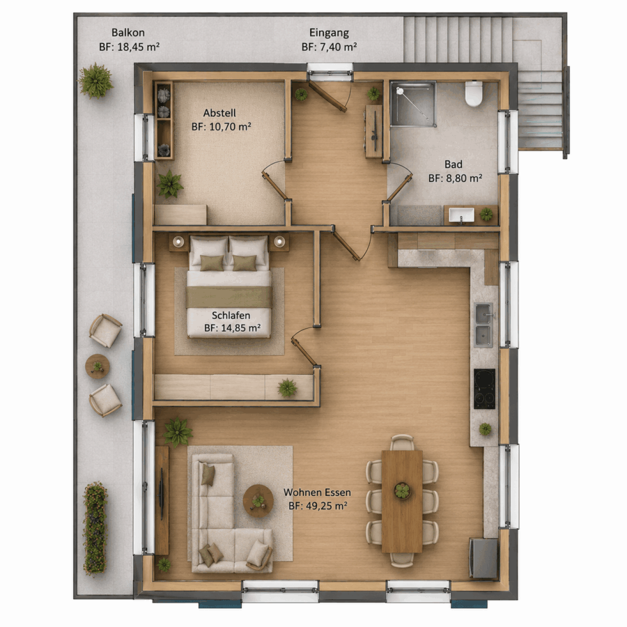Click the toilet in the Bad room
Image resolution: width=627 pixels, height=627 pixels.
(474, 93)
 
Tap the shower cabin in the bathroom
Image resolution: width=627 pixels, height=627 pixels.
(413, 104)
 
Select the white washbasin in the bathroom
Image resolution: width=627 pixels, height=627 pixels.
(461, 215)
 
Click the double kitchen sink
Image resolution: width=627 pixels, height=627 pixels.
(483, 325)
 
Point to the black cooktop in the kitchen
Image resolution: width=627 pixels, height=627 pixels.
(485, 389)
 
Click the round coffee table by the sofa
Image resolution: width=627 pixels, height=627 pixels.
(258, 500)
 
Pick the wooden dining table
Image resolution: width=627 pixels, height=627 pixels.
(402, 502)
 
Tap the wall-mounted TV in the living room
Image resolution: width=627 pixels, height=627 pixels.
(162, 494)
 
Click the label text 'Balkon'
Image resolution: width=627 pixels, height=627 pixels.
(128, 32)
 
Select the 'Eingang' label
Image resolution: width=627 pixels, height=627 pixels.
(329, 33)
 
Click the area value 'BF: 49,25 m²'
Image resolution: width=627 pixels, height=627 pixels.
(318, 506)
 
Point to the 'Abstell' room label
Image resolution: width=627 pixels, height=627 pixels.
(219, 113)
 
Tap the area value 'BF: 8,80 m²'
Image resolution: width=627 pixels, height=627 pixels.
(455, 178)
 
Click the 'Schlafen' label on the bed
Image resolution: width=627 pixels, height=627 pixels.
(231, 315)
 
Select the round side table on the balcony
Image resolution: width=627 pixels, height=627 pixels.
(98, 366)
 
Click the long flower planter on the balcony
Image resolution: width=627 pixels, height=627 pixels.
(95, 528)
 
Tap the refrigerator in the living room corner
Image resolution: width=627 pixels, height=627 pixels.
(483, 559)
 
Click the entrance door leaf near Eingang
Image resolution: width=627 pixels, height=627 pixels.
(327, 96)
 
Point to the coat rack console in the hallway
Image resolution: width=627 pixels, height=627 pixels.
(374, 131)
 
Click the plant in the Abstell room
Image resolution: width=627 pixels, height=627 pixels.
(169, 185)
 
